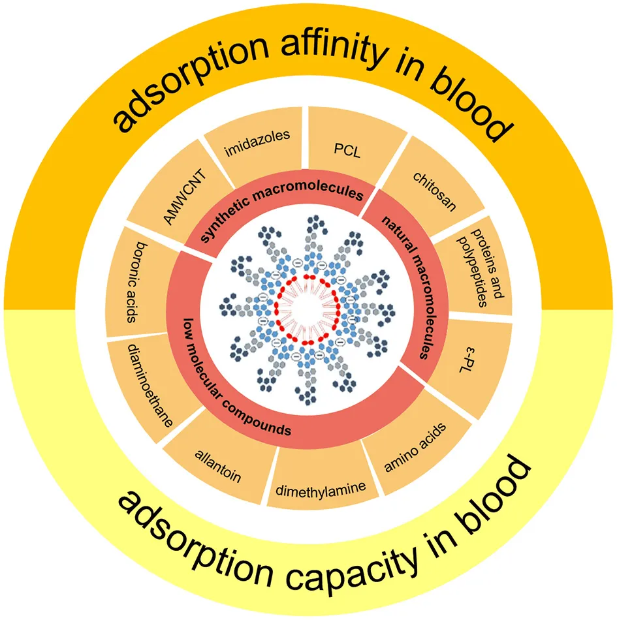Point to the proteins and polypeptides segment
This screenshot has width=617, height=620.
(480, 268)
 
